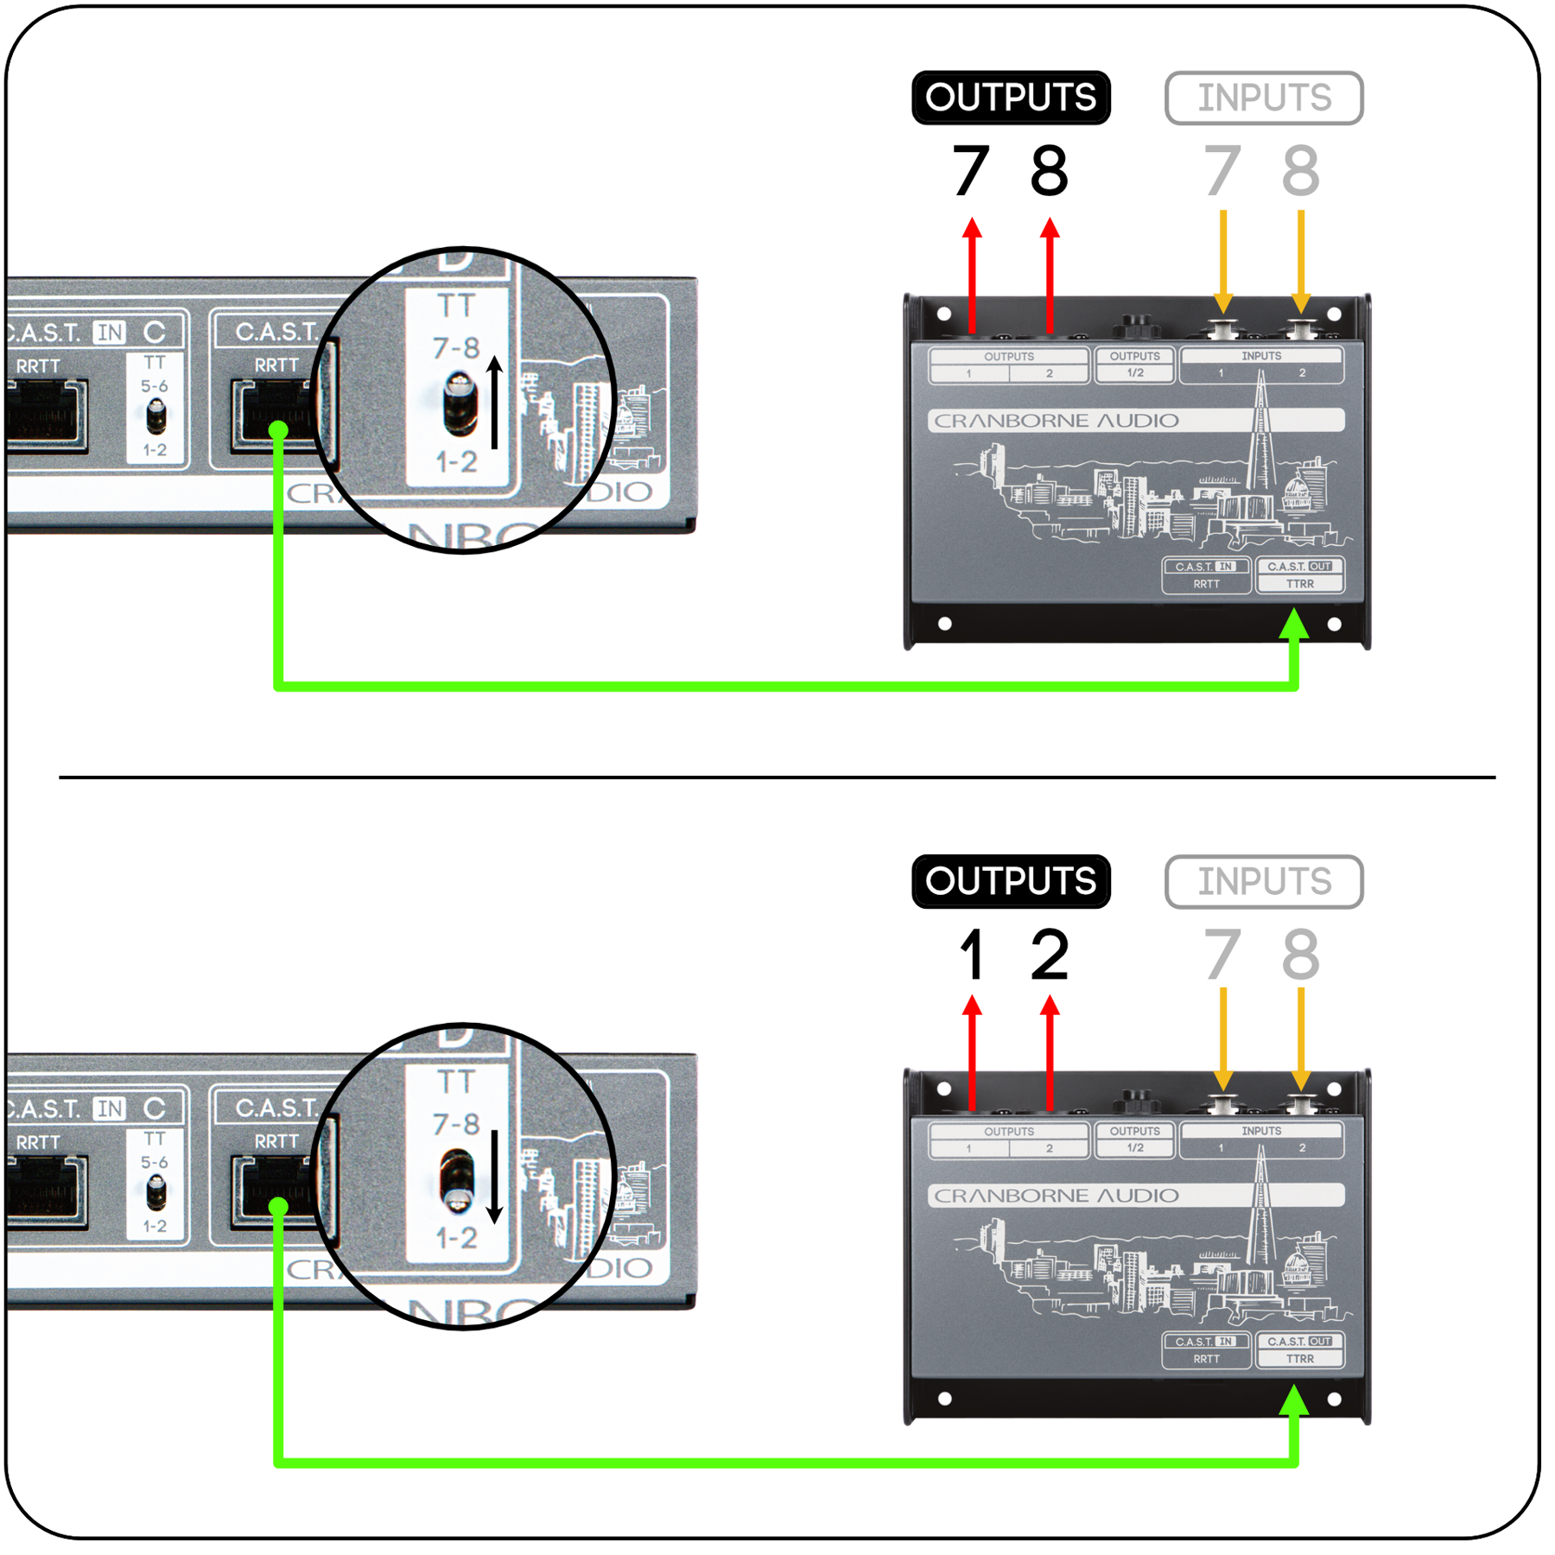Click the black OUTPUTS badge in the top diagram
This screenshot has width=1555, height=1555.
(1011, 98)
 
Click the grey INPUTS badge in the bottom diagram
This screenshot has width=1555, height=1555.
(1264, 881)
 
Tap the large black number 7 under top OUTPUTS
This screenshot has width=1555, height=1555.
(971, 170)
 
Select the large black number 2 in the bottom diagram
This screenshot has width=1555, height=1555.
(1050, 955)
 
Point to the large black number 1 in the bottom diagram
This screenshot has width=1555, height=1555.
(973, 955)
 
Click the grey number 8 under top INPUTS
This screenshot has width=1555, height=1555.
(1300, 170)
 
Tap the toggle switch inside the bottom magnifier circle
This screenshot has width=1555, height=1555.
(457, 1180)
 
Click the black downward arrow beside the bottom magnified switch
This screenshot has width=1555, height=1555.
(494, 1177)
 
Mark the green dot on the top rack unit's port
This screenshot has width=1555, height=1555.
(278, 429)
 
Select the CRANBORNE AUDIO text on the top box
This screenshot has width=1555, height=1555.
(1057, 421)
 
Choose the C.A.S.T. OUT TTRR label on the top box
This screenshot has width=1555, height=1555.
(1300, 575)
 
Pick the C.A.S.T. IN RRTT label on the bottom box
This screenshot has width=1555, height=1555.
(1207, 1350)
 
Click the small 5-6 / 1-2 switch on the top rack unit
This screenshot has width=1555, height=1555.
(155, 417)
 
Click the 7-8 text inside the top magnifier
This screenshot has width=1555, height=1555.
(456, 348)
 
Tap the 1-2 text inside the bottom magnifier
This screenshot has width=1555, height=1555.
(456, 1238)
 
